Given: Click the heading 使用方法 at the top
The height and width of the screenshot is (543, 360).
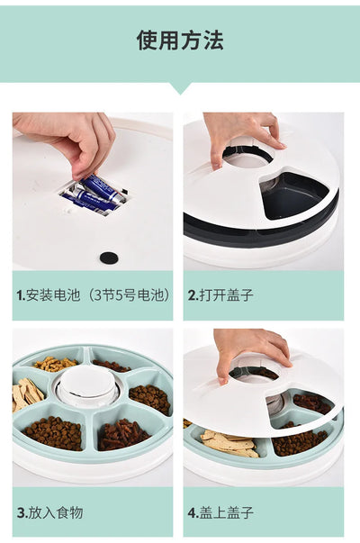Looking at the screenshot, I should pos(180,40).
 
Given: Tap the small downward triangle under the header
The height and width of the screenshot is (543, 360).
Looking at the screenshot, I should pos(180,87).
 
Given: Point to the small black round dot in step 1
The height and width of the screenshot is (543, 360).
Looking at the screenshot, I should pos(108,258).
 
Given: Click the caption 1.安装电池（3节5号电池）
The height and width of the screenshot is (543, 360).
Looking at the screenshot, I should pos(93,294).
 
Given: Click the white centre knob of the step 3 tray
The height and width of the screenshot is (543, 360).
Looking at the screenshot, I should pos(87,383).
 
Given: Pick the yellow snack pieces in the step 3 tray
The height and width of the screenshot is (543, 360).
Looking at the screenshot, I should pos(54,364).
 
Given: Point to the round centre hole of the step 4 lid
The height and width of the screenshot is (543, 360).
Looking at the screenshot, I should pos(253,371).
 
